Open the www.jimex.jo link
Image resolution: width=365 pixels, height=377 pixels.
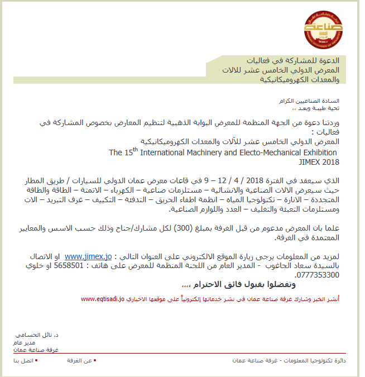coord(88,256)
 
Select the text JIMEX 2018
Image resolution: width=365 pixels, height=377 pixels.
coord(319,162)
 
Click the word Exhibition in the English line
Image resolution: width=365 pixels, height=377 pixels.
coord(316,152)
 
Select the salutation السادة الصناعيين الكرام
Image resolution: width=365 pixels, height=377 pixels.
coord(315,101)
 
